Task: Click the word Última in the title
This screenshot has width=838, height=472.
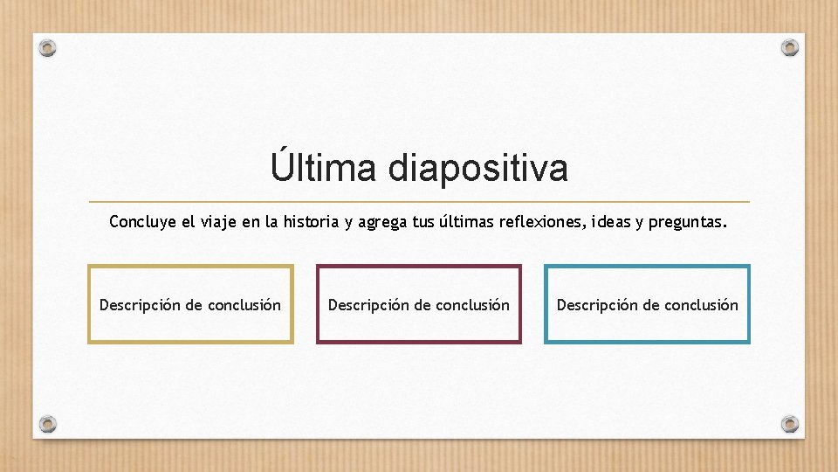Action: pyautogui.click(x=324, y=166)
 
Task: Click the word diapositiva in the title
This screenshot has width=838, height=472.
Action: pyautogui.click(x=477, y=168)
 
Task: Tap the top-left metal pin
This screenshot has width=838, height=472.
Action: pyautogui.click(x=49, y=48)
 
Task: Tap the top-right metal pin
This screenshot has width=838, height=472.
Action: pyautogui.click(x=789, y=47)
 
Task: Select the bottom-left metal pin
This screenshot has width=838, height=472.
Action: pyautogui.click(x=49, y=424)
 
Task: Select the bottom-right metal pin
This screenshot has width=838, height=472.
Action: pyautogui.click(x=789, y=424)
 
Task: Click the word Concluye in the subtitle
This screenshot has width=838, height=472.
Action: pyautogui.click(x=142, y=223)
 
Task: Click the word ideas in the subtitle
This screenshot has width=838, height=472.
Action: pyautogui.click(x=614, y=222)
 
